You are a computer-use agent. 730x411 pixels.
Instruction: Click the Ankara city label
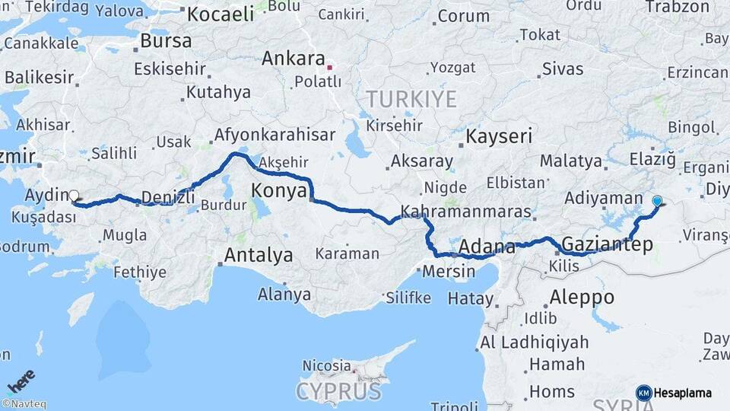pos(294,59)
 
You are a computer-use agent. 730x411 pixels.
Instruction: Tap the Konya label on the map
pos(279,191)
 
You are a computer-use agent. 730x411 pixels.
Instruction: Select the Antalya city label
pos(258,255)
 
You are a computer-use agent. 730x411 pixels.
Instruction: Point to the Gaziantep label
pos(607,245)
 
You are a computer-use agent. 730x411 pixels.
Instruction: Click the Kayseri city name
pos(499,137)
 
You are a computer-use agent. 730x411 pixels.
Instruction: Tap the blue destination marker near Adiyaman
pos(657,202)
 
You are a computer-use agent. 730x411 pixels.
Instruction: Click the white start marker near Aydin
pos(74,195)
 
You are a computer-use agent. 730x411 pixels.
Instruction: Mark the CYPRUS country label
pos(338,392)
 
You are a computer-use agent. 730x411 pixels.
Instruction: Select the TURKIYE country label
pos(411,99)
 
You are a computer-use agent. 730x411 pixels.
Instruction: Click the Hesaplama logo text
pos(682,393)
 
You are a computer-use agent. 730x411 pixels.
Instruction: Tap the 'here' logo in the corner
pos(21,381)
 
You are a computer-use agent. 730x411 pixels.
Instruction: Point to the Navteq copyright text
pos(24,404)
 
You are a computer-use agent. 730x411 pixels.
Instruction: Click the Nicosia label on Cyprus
pos(327,365)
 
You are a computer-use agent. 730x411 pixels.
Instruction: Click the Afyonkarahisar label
pos(275,135)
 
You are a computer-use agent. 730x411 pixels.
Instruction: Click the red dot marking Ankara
pos(329,68)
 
